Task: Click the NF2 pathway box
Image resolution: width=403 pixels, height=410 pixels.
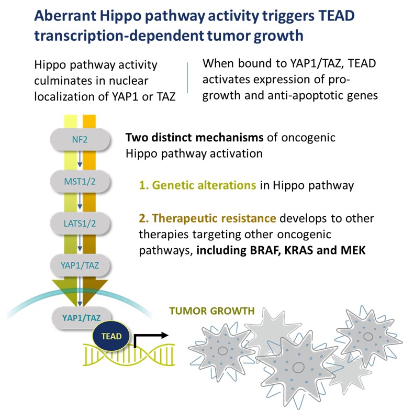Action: [x=80, y=139]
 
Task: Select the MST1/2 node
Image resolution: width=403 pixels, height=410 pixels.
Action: [x=80, y=181]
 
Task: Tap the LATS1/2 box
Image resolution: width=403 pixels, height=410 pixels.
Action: [x=80, y=223]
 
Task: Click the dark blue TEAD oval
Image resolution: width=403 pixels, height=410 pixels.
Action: [x=111, y=336]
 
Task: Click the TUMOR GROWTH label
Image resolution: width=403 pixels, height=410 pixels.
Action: [x=212, y=311]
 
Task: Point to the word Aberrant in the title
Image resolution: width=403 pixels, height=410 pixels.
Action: [x=65, y=15]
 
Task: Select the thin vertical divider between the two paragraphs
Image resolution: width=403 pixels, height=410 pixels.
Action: [x=188, y=77]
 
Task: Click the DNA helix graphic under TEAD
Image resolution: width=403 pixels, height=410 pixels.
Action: [x=129, y=355]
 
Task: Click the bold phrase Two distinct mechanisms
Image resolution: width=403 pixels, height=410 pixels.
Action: [x=195, y=137]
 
